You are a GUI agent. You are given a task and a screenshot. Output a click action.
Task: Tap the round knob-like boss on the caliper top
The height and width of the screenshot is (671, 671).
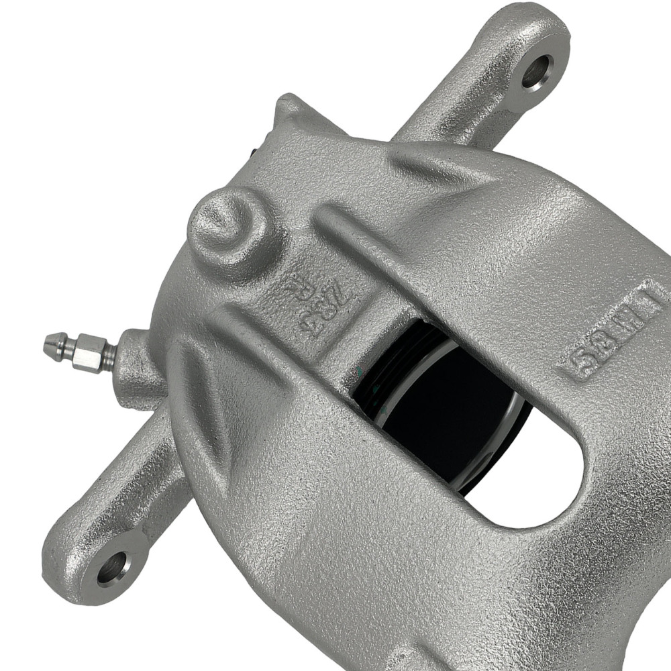point(225,225)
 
